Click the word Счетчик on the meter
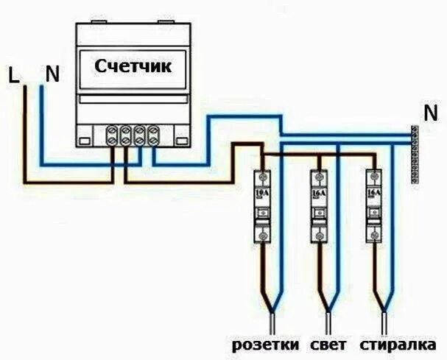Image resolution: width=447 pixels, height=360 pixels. [x=133, y=66]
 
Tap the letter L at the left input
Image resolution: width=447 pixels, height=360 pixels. [x=13, y=74]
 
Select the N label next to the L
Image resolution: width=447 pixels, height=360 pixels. [x=51, y=74]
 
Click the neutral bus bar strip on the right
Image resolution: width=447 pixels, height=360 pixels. [x=415, y=153]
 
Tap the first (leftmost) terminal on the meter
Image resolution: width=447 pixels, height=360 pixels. [x=113, y=135]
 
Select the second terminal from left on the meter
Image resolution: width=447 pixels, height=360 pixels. [x=126, y=135]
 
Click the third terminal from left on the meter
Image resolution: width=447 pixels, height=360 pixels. [x=139, y=135]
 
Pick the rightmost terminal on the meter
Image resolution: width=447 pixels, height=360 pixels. [x=152, y=135]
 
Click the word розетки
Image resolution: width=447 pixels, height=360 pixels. [x=265, y=345]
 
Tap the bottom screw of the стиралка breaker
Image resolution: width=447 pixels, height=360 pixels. [x=374, y=235]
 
